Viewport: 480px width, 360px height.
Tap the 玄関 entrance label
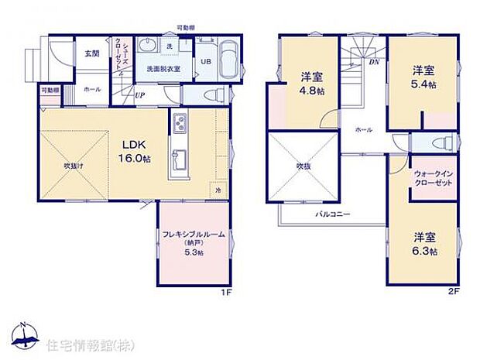tap(91, 53)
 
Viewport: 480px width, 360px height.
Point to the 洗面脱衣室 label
tap(163, 70)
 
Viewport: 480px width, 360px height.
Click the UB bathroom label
tap(207, 61)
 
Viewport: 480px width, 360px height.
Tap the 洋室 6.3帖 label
tap(423, 244)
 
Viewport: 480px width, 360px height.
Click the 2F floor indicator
tap(452, 293)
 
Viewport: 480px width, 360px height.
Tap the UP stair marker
tap(140, 95)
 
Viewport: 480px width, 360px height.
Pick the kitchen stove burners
tap(178, 123)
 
